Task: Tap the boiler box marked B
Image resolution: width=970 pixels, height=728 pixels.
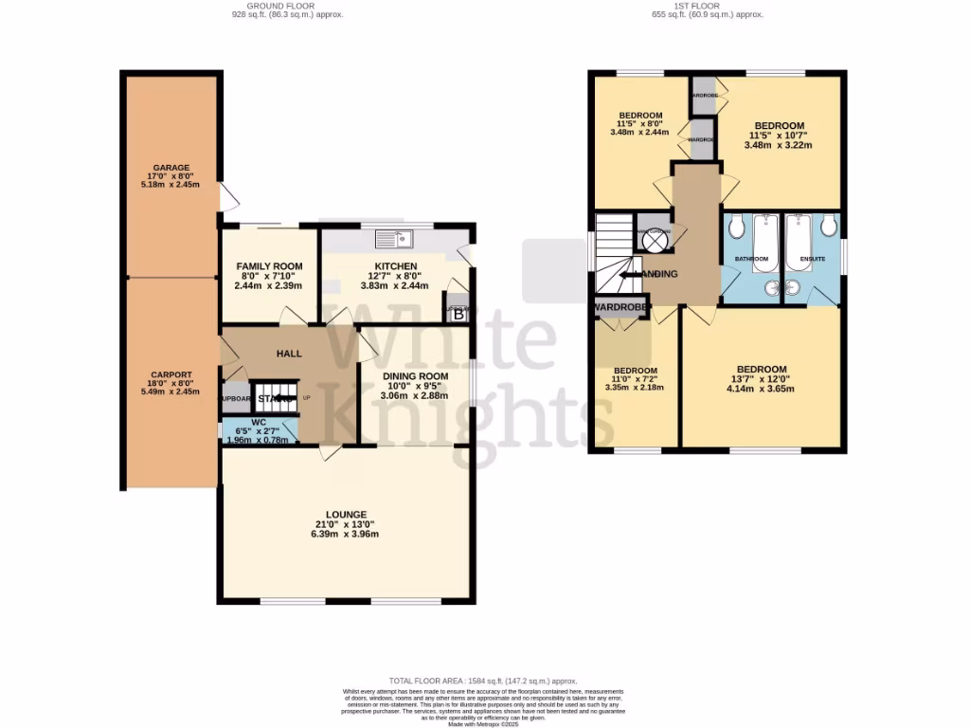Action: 458,314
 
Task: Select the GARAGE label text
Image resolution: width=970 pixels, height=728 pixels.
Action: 171,168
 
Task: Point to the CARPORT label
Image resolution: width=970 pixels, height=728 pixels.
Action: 171,373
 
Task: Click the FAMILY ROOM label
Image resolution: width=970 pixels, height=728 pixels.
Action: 269,265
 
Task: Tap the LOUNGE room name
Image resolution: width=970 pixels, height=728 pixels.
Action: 347,514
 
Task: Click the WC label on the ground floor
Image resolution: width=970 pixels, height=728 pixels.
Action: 259,423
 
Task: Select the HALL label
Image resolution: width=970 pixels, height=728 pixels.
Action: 289,354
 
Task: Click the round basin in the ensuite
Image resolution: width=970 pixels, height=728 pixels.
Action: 794,288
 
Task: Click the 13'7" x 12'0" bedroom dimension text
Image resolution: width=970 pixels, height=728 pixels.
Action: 762,379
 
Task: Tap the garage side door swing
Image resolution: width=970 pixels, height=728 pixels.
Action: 227,198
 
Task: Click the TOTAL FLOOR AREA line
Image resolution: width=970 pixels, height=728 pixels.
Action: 483,682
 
